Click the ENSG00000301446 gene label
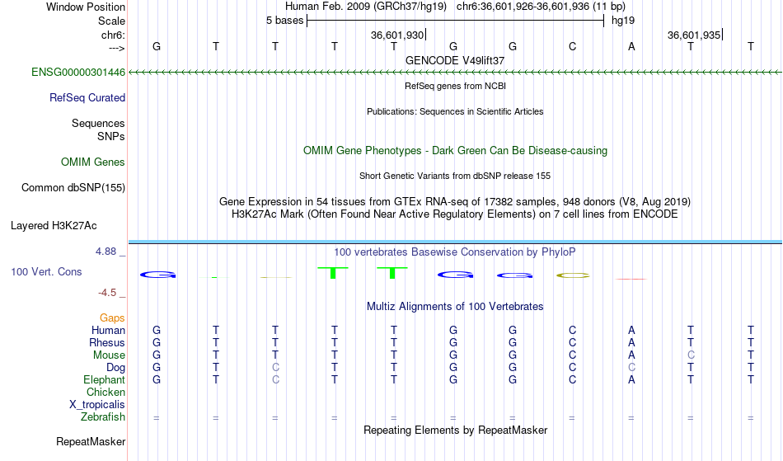click(x=78, y=73)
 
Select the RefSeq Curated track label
click(x=87, y=98)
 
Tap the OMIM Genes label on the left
click(x=93, y=162)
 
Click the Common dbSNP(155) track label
click(x=73, y=188)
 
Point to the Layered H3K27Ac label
click(x=54, y=226)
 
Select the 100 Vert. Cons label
click(x=46, y=271)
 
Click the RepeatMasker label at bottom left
click(x=91, y=441)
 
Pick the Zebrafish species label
click(x=103, y=417)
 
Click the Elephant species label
click(x=105, y=380)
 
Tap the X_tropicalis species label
click(x=97, y=405)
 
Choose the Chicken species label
click(x=105, y=392)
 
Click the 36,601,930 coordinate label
click(x=397, y=35)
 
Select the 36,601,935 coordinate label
click(x=694, y=35)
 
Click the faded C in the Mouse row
click(x=691, y=355)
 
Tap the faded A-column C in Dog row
click(x=631, y=368)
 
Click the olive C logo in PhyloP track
click(x=573, y=275)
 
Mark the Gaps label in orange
click(x=112, y=318)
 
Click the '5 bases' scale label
click(x=284, y=21)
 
